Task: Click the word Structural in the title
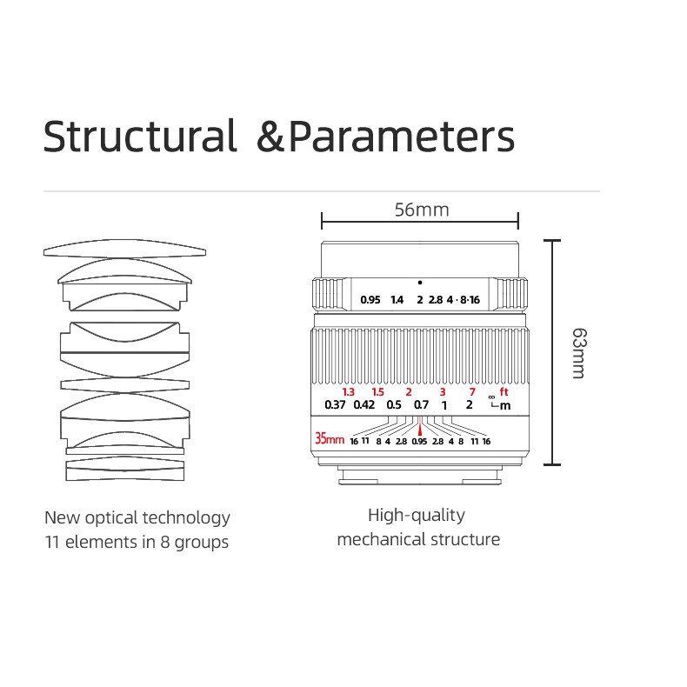pos(140,137)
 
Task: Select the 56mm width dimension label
pos(421,210)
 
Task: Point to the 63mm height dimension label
pos(578,352)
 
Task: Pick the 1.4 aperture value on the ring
pos(397,300)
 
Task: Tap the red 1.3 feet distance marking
pos(349,391)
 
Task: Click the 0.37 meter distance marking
pos(335,404)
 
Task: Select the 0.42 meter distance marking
pos(364,404)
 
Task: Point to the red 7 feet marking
pos(472,391)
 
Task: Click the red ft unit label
pos(504,391)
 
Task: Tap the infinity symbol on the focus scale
pos(491,397)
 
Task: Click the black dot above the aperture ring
pos(419,283)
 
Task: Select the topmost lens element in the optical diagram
pos(125,250)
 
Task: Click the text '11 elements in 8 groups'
pos(137,542)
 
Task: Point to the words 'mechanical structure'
pos(418,539)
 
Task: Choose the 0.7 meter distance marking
pos(421,404)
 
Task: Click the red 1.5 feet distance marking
pos(377,391)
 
